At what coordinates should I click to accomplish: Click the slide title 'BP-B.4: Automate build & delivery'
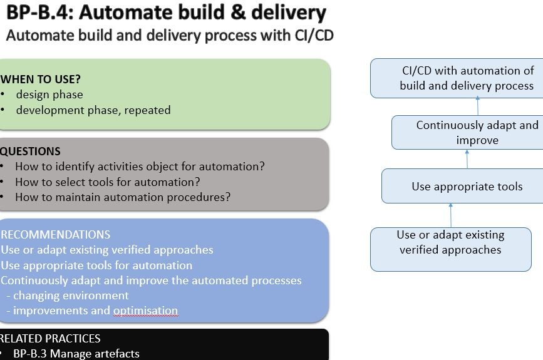tap(166, 13)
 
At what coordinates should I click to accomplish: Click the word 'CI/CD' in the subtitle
tap(314, 35)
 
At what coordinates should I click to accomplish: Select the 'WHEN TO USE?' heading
tap(41, 80)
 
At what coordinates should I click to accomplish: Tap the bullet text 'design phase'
tap(49, 95)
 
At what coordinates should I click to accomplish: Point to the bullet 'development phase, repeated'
tap(93, 110)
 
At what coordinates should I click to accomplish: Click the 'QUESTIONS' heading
tap(30, 152)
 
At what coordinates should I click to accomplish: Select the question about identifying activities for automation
tap(140, 167)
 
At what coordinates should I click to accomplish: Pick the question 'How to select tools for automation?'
tap(108, 182)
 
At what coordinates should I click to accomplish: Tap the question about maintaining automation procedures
tap(123, 197)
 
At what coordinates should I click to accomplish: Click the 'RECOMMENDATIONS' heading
tap(55, 235)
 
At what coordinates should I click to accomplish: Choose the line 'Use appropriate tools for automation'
tap(96, 265)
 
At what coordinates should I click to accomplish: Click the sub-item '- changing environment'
tap(68, 296)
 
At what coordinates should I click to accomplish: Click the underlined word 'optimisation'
tap(146, 311)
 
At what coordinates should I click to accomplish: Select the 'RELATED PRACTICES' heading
tap(50, 338)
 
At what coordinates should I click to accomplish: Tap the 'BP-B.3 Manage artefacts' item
tap(76, 354)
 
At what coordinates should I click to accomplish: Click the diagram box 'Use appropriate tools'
tap(462, 186)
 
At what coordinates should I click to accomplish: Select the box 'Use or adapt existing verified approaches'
tap(451, 249)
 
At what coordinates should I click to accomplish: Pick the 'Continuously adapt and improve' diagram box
tap(467, 133)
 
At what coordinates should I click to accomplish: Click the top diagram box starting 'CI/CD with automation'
tap(457, 78)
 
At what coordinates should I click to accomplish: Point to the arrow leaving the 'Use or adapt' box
tap(451, 215)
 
